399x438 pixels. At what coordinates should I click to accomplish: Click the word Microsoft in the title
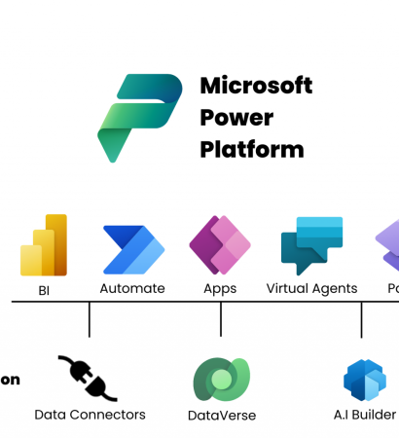click(256, 86)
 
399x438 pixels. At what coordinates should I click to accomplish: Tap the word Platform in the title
click(251, 150)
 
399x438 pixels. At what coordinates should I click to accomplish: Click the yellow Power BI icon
click(44, 245)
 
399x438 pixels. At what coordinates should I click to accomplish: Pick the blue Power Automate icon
click(133, 249)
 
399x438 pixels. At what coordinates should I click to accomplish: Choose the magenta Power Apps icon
click(220, 246)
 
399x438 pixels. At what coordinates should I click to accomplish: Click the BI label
click(45, 288)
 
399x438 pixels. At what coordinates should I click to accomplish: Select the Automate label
click(132, 288)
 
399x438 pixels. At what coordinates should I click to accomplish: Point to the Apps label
click(220, 288)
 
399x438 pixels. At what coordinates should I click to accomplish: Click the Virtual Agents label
click(311, 288)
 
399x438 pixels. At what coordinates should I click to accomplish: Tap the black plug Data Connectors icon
click(88, 378)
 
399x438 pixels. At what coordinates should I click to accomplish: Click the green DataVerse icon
click(221, 380)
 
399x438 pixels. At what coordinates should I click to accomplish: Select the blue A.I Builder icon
click(365, 381)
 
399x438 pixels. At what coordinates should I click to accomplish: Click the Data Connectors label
click(90, 415)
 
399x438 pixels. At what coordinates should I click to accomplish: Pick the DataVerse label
click(222, 416)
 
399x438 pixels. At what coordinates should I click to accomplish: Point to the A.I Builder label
click(364, 415)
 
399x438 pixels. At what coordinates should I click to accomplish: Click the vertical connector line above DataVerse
click(221, 319)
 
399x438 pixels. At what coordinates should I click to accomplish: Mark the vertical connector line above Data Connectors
click(90, 319)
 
